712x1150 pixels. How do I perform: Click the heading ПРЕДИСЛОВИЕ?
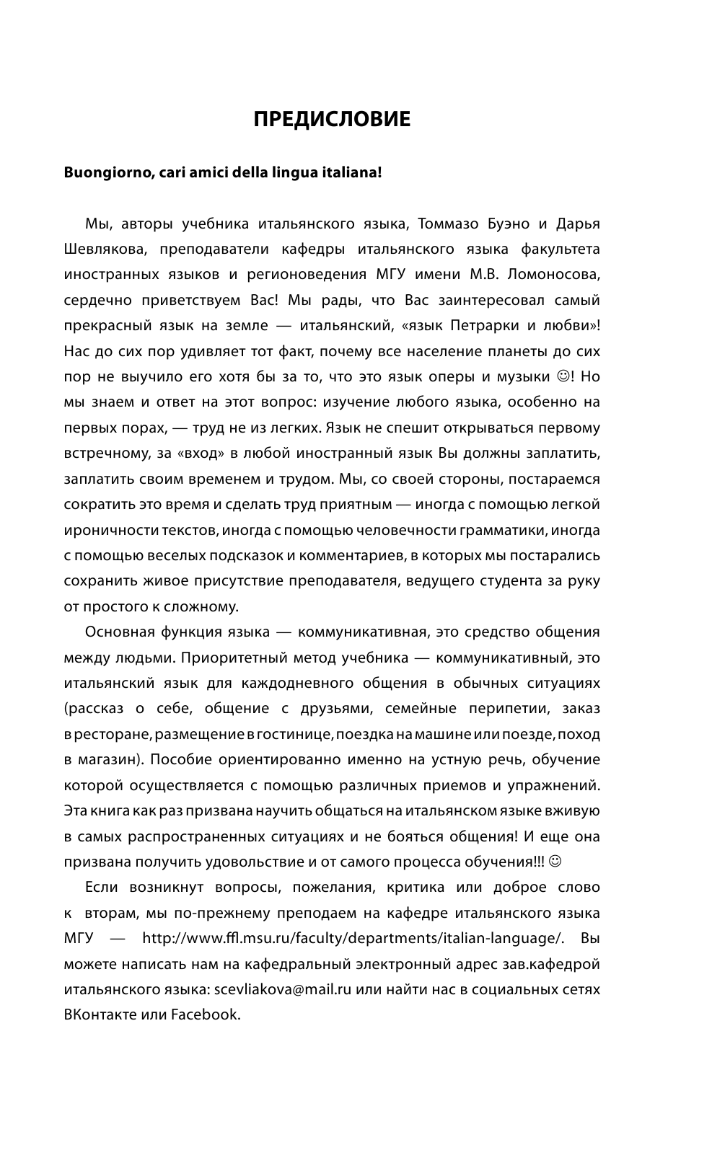[x=332, y=120]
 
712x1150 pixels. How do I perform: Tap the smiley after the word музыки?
[x=562, y=376]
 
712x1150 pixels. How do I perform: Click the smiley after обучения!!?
[x=554, y=861]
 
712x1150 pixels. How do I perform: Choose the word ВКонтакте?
[x=100, y=1015]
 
